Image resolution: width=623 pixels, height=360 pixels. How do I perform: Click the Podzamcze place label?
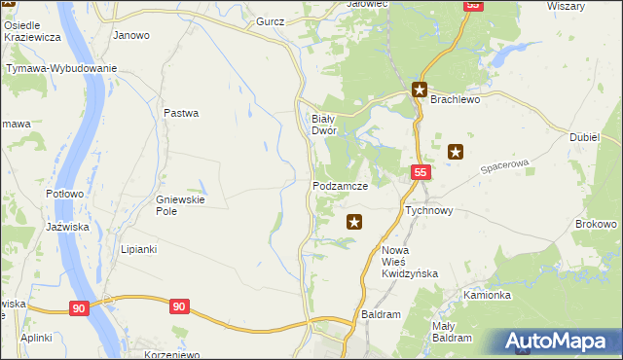point(340,185)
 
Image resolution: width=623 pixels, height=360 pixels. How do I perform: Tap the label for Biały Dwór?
point(323,124)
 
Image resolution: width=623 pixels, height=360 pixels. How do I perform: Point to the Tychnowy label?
point(428,210)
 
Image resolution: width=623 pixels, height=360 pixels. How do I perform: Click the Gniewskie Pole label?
point(179,205)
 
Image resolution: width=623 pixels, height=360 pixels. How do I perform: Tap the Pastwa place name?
point(181,113)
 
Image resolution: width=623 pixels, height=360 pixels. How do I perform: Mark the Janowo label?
point(131,35)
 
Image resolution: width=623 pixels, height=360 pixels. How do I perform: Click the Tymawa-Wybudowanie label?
point(61,68)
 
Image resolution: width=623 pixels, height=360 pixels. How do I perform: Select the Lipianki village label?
point(138,249)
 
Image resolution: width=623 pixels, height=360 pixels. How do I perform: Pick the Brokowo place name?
point(597,224)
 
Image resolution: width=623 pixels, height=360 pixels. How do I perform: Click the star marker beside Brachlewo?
point(420,91)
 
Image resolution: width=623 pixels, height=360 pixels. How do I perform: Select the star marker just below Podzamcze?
point(354,222)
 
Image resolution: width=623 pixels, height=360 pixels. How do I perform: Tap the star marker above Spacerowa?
point(455,151)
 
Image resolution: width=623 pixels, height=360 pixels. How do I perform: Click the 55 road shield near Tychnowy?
point(420,172)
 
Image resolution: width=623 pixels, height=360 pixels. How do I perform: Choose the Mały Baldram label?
point(452,332)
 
